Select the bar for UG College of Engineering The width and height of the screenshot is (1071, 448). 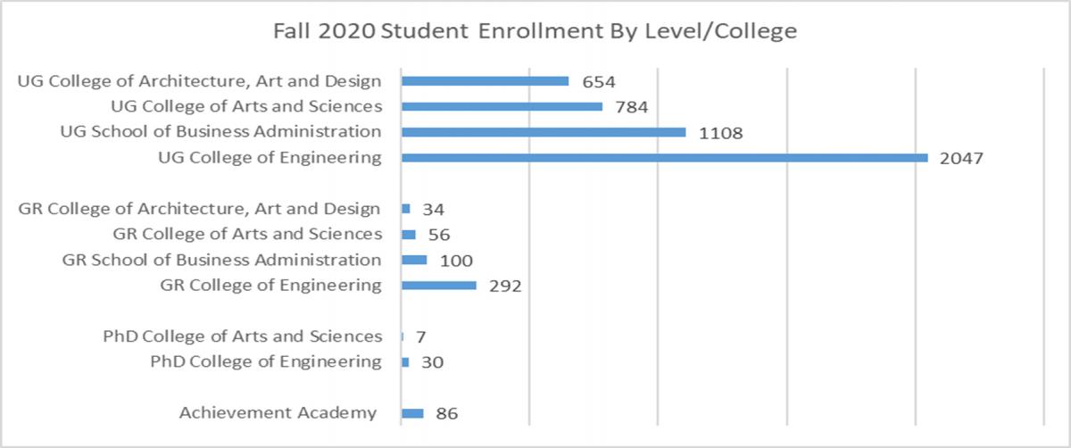665,158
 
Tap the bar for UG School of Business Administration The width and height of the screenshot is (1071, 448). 544,132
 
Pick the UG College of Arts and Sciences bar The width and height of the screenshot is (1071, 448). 502,106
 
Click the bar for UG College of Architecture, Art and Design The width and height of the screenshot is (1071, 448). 485,81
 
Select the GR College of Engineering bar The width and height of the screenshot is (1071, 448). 439,286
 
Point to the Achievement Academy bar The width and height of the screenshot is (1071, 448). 412,413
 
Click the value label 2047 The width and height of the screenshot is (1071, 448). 961,159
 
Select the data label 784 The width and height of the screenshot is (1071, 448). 629,107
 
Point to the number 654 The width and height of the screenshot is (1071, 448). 598,82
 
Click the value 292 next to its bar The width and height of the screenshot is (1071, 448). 504,286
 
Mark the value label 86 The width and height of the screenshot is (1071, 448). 447,414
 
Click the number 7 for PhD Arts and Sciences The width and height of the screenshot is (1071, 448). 419,337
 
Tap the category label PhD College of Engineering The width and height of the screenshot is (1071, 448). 266,361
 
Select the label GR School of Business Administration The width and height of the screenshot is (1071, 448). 221,260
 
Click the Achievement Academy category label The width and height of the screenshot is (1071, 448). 278,413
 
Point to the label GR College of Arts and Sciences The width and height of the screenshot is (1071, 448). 247,234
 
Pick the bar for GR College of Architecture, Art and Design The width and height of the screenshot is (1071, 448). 406,209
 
